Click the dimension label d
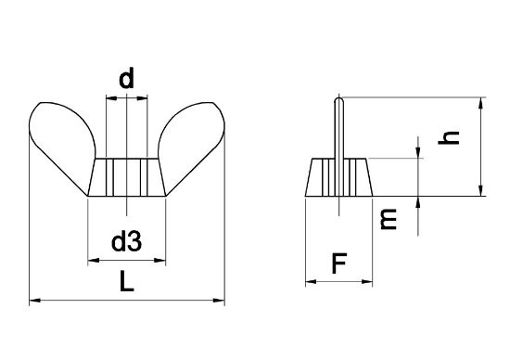pyautogui.click(x=126, y=78)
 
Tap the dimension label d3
pyautogui.click(x=126, y=241)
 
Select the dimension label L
pyautogui.click(x=126, y=281)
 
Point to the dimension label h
pyautogui.click(x=449, y=137)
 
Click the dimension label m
pyautogui.click(x=389, y=219)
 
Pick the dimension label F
pyautogui.click(x=339, y=264)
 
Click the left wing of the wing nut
pyautogui.click(x=62, y=143)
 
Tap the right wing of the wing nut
pyautogui.click(x=192, y=143)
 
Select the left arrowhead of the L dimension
pyautogui.click(x=35, y=300)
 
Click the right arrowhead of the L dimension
pyautogui.click(x=219, y=300)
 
